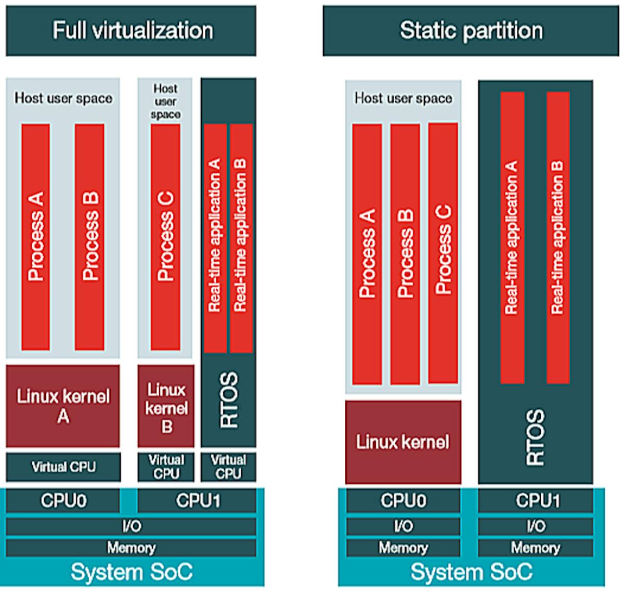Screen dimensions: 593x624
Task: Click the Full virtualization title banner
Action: click(x=131, y=31)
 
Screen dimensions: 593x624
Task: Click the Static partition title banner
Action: click(x=471, y=31)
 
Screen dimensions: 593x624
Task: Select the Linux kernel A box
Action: click(x=63, y=406)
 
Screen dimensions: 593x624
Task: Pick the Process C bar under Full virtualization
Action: click(x=165, y=237)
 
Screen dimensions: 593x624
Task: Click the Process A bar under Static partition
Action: click(x=367, y=254)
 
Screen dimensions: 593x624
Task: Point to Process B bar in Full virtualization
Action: click(x=90, y=237)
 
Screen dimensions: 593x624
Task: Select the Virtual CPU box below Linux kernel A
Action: click(x=63, y=467)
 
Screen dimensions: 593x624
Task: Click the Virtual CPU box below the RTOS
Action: click(x=228, y=467)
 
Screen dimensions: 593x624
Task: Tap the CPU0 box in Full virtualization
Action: click(x=63, y=501)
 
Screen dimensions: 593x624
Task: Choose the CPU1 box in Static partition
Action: click(x=536, y=501)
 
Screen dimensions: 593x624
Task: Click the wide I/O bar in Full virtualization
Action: click(x=131, y=526)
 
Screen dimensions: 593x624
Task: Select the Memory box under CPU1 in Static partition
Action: click(x=536, y=548)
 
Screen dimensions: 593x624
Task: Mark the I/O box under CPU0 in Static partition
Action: click(x=403, y=526)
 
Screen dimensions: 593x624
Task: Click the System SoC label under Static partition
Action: click(x=471, y=572)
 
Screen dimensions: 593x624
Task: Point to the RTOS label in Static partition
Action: click(x=536, y=437)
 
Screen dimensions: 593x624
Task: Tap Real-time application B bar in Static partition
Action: click(x=558, y=237)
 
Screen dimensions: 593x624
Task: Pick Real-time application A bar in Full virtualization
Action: click(x=215, y=237)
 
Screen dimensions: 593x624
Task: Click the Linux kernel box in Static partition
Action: click(x=403, y=442)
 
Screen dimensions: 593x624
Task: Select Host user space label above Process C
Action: click(x=165, y=101)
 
